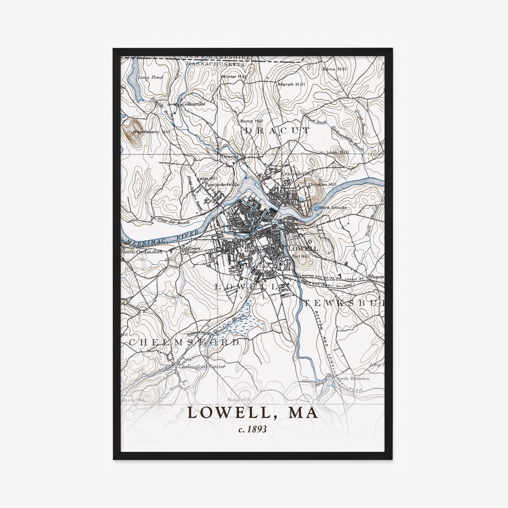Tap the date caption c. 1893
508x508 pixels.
click(x=252, y=429)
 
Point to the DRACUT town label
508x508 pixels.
click(x=277, y=131)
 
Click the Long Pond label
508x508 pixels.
click(x=150, y=77)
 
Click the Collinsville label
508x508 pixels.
click(x=193, y=104)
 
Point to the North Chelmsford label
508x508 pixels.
click(x=141, y=252)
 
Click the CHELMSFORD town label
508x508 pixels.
click(x=184, y=342)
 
